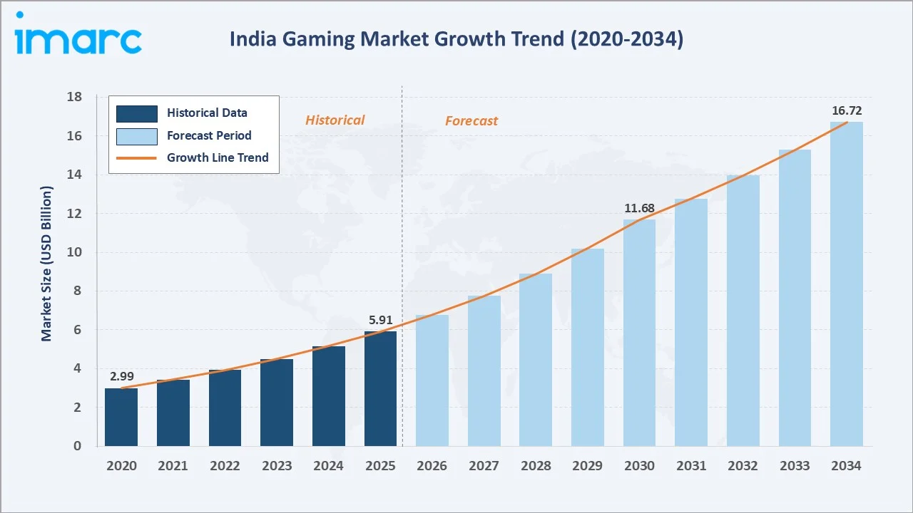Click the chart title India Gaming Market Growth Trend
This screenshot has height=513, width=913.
click(x=456, y=39)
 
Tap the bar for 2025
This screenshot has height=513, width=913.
click(x=380, y=388)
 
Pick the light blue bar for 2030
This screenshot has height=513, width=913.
click(x=639, y=333)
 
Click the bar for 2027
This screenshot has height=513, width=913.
click(x=484, y=370)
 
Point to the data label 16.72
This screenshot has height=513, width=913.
click(x=846, y=110)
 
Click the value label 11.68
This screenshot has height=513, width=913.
click(x=638, y=208)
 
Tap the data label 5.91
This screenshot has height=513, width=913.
click(x=381, y=320)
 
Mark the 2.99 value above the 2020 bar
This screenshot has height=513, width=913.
click(x=121, y=376)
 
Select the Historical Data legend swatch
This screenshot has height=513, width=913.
click(x=137, y=113)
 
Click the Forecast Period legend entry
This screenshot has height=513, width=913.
click(x=209, y=135)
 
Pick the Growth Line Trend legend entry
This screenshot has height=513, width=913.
click(x=218, y=157)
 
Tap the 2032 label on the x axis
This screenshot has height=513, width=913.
click(x=743, y=465)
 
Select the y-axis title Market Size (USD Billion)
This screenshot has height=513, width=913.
click(x=47, y=264)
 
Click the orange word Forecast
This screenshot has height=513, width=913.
click(x=471, y=121)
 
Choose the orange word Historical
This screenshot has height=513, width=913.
click(x=335, y=120)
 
